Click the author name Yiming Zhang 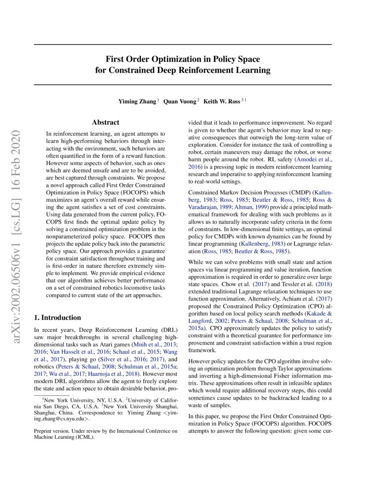(137, 101)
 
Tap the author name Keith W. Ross (221, 101)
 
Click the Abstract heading (105, 122)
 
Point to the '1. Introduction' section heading (58, 317)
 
